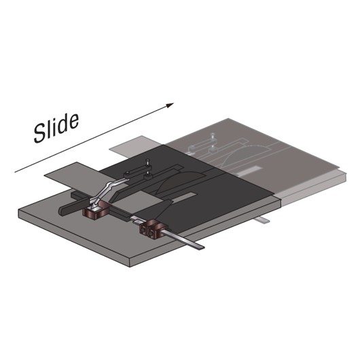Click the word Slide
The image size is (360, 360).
tap(57, 126)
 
